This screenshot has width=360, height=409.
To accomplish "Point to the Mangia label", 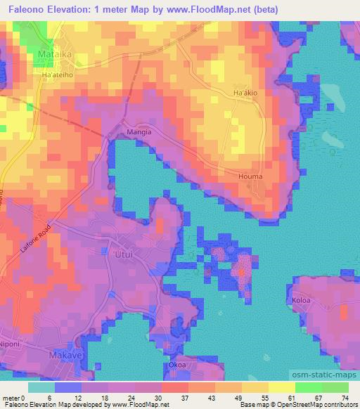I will pos(119,131).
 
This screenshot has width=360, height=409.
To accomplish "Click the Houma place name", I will pos(250,176).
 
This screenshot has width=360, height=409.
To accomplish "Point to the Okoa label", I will pos(176,365).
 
